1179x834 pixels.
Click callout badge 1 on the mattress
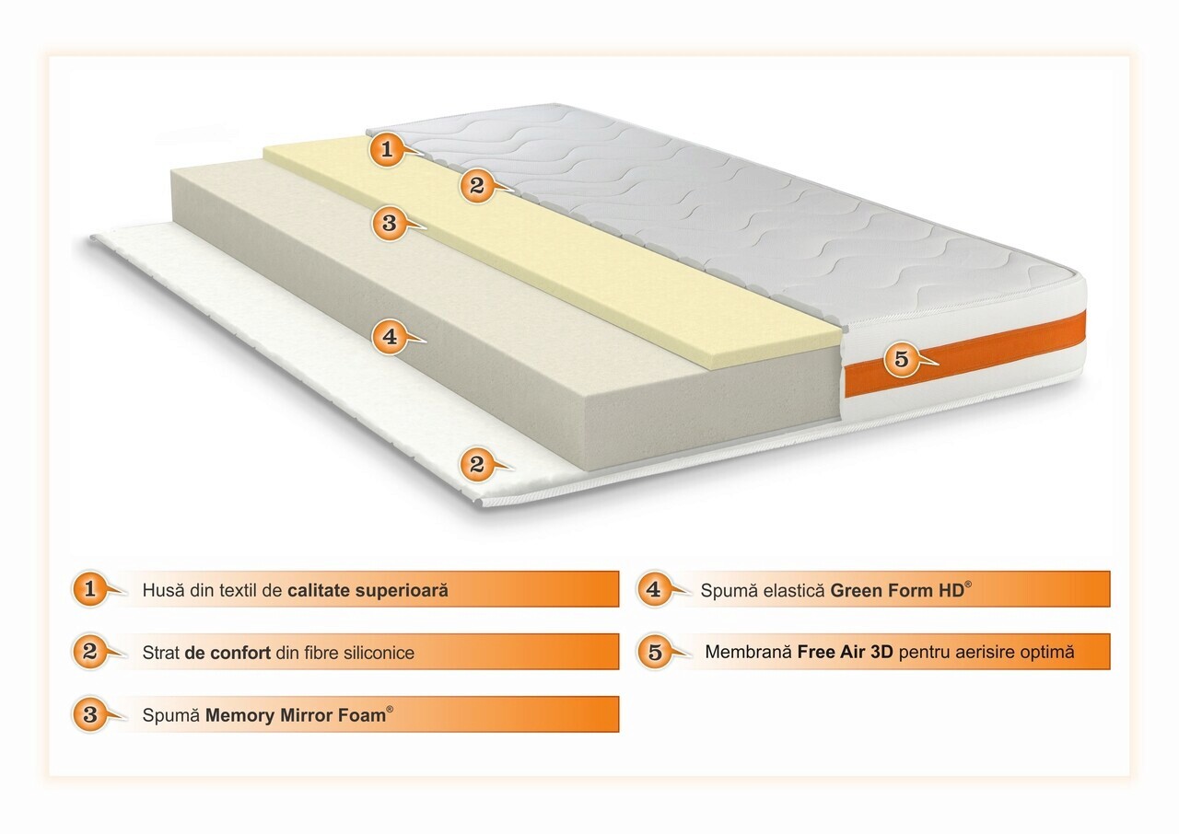(x=388, y=150)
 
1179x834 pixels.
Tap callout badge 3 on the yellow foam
(x=390, y=223)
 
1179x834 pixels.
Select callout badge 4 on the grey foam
(x=390, y=337)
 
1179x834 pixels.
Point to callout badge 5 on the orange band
(x=902, y=359)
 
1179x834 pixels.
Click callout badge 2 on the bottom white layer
(x=476, y=464)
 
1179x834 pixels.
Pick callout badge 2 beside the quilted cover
(x=476, y=185)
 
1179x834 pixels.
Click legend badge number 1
(x=90, y=589)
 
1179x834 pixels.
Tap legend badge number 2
(x=90, y=652)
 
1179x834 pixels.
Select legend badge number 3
(x=90, y=714)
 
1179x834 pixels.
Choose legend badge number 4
(x=654, y=589)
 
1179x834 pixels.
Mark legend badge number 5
(x=655, y=652)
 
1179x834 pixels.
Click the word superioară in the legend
(x=402, y=591)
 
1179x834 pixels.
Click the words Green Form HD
(x=897, y=591)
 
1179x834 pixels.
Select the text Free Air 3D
(x=846, y=652)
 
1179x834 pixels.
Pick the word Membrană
(x=749, y=652)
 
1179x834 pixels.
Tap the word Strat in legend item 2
(x=161, y=653)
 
